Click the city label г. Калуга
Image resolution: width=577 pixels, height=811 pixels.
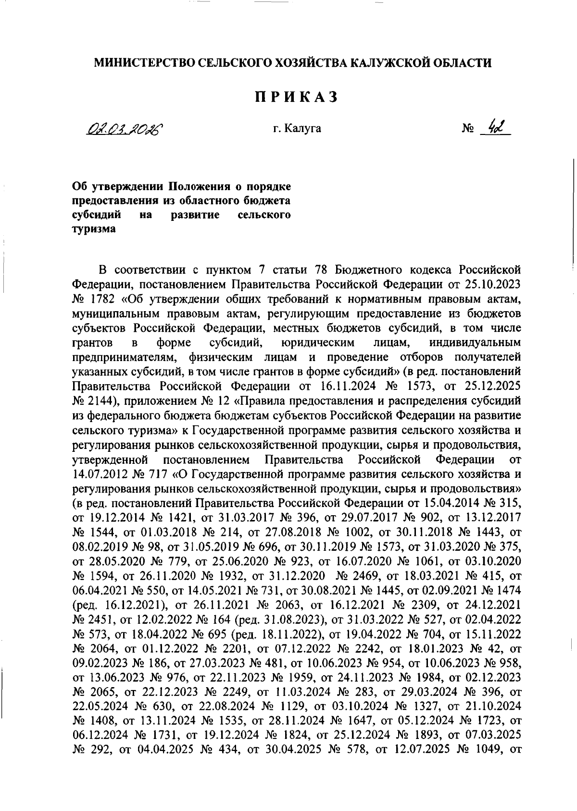[x=297, y=129]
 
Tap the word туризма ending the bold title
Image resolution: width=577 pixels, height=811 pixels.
[x=93, y=229]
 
